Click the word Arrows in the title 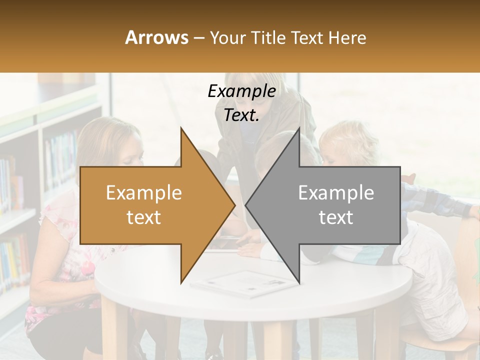tap(157, 37)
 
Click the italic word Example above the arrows tap(241, 91)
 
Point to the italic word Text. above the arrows tap(241, 115)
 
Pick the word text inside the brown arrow tap(143, 217)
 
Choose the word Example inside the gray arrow tap(336, 192)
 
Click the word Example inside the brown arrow tap(143, 192)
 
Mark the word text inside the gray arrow tap(336, 217)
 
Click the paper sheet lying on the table tap(245, 283)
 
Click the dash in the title tap(198, 38)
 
